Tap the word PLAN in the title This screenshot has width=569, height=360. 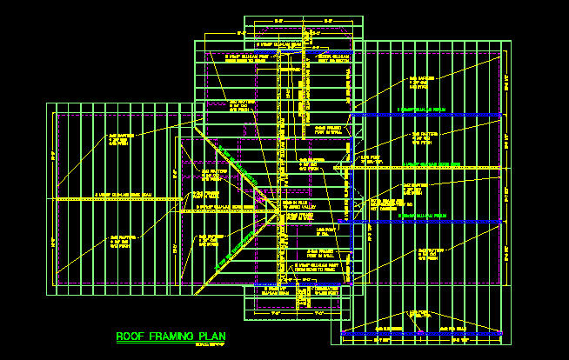[x=210, y=337]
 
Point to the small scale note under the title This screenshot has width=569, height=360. [x=206, y=344]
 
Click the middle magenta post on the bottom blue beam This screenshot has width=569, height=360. [x=424, y=333]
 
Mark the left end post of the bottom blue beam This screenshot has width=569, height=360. [x=345, y=333]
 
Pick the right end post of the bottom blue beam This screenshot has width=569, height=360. [x=502, y=333]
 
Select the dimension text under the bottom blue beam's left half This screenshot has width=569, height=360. [x=383, y=341]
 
